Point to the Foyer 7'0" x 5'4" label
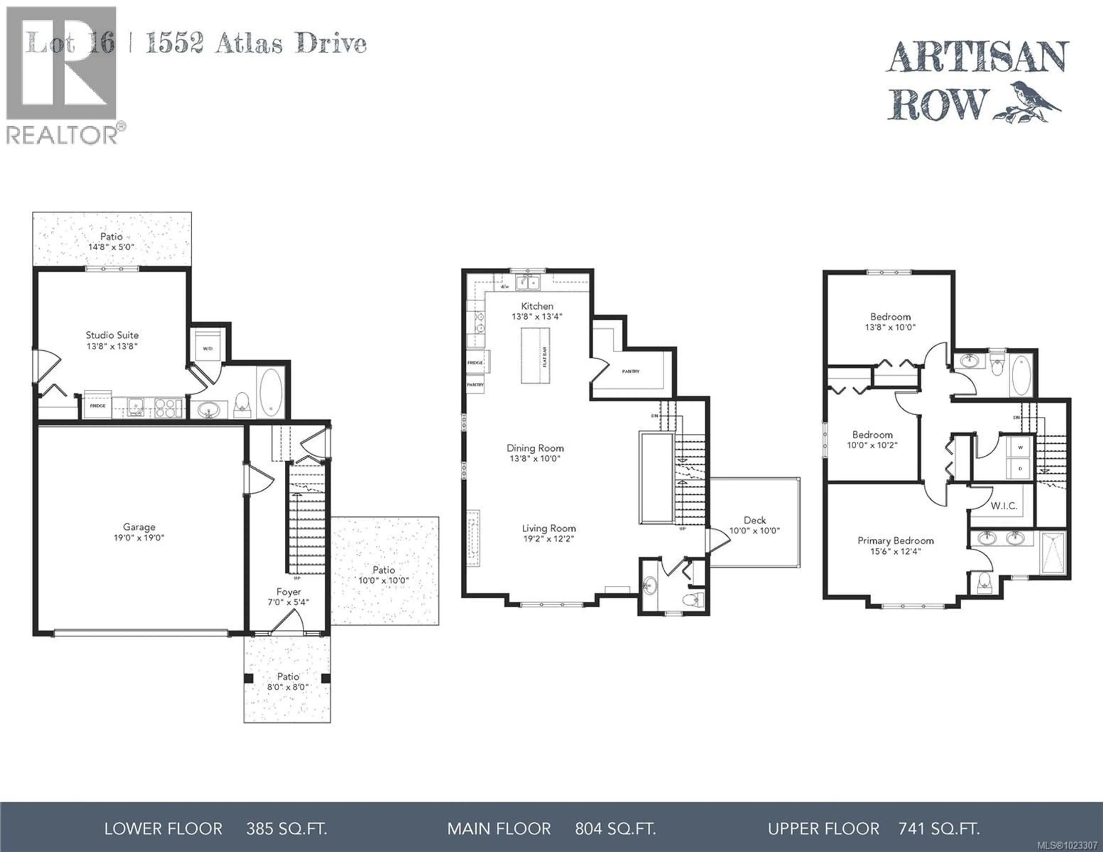(288, 596)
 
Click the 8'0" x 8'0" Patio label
(288, 682)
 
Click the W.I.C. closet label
(1004, 506)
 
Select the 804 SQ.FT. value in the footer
(615, 829)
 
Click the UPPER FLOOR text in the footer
(824, 829)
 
